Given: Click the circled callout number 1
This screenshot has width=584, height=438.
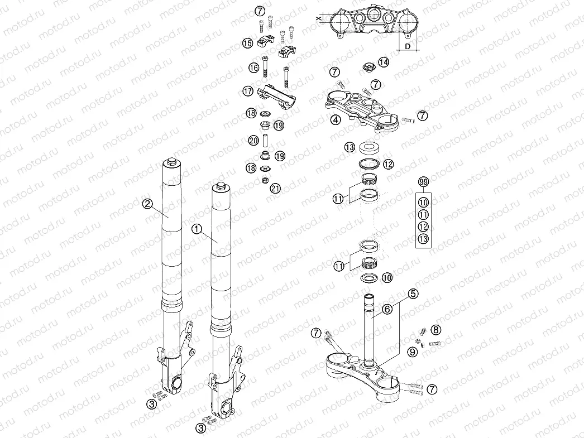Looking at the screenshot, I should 196,228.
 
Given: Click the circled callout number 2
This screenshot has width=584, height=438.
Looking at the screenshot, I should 147,204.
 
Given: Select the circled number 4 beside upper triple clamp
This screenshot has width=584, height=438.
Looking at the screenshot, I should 334,119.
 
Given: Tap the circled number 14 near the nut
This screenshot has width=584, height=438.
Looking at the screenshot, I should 383,61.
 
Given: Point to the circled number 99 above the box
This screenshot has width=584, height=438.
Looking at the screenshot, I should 424,182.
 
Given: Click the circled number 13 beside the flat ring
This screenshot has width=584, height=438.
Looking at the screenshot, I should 350,148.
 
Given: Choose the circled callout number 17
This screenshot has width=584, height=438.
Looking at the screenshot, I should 248,90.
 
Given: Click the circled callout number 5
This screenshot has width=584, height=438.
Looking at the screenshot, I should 413,293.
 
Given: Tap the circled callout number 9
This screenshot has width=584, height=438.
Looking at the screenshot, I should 412,352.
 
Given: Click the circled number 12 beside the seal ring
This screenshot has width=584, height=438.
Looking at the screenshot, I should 388,164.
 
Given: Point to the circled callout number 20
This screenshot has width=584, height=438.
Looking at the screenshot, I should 253,140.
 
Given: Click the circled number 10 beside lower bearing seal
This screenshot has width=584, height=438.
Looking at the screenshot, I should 387,277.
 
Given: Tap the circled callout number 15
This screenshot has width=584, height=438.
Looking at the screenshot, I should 248,43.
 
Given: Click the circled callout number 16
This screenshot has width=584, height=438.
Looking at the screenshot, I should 254,68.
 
